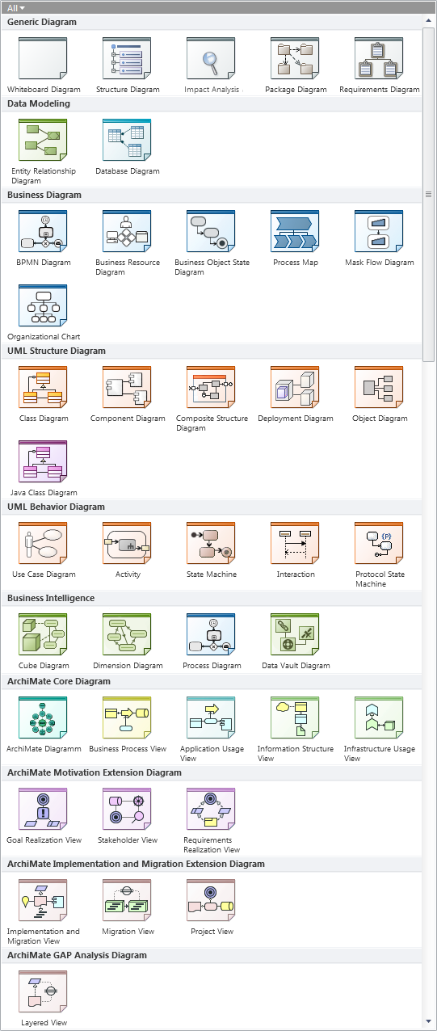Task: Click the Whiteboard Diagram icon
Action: tap(43, 58)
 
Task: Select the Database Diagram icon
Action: tap(127, 140)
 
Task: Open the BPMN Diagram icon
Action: tap(43, 231)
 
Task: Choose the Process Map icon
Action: tap(295, 231)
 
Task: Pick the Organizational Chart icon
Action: tap(43, 305)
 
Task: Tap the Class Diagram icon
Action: tap(43, 387)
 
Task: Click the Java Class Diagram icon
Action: tap(43, 461)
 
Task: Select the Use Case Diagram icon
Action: tap(43, 543)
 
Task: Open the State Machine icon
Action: tap(211, 543)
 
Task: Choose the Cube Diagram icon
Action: tap(43, 634)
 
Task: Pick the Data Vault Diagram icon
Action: tap(295, 634)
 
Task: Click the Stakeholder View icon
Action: tap(127, 809)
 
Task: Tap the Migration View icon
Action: tap(127, 900)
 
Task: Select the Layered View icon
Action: tap(43, 991)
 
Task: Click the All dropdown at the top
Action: tap(15, 8)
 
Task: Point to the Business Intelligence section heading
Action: tap(51, 598)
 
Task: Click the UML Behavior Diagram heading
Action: tap(56, 507)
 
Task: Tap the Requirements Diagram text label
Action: tap(380, 90)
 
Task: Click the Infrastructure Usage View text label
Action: tap(380, 754)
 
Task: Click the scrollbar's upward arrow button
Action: tap(429, 21)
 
